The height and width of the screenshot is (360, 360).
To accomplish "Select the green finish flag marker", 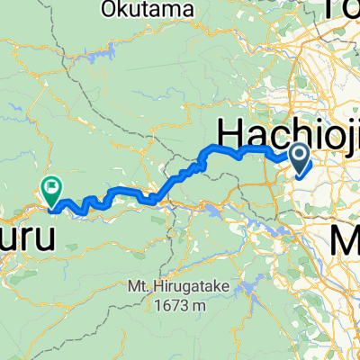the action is (51, 189).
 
